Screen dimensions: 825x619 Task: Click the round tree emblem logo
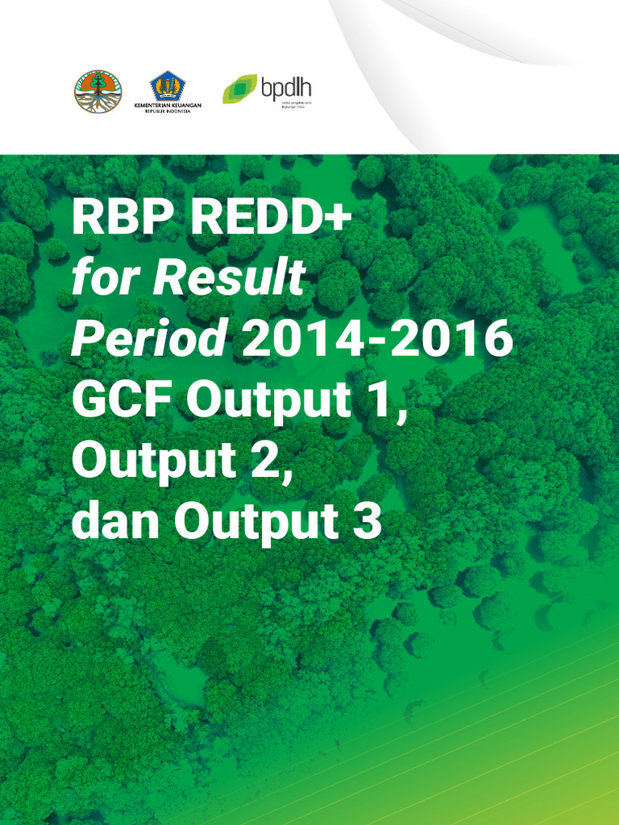pos(98,90)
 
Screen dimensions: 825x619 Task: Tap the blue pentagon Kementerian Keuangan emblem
pos(168,85)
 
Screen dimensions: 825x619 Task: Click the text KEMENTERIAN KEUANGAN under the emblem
pos(168,106)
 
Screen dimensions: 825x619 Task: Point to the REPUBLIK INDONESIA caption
pos(168,112)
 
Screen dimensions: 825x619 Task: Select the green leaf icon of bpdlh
pos(239,89)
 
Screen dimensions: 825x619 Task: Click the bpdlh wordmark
pos(286,87)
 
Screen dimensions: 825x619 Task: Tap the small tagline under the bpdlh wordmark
pos(285,105)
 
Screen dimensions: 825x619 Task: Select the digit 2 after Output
pos(271,461)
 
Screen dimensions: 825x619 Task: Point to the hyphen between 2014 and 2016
pos(378,343)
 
